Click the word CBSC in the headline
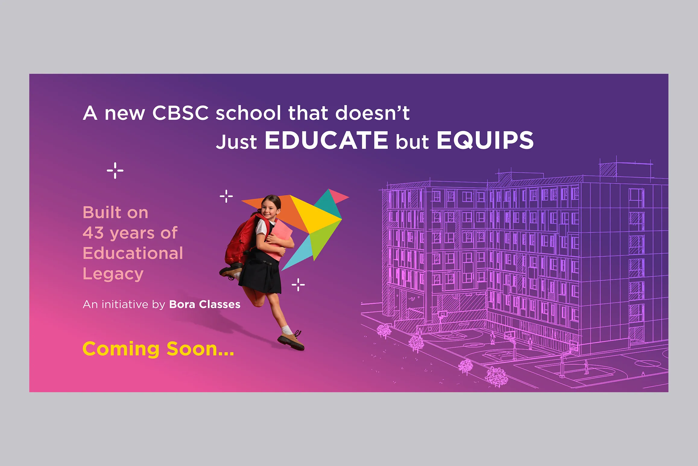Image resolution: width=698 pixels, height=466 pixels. tap(180, 113)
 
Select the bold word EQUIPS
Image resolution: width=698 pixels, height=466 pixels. tap(485, 140)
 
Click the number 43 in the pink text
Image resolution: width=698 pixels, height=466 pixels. tap(93, 233)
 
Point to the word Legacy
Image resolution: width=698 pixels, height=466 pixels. tap(113, 274)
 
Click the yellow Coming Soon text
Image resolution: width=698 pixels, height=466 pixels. tap(158, 349)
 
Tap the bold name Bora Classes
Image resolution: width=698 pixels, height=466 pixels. tap(205, 304)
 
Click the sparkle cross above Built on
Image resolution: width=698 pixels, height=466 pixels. tap(115, 170)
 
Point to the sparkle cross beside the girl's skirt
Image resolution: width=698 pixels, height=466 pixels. tap(298, 285)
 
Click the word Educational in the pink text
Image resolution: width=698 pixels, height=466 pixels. tap(133, 253)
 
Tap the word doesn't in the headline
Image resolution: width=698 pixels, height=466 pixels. tap(372, 113)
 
